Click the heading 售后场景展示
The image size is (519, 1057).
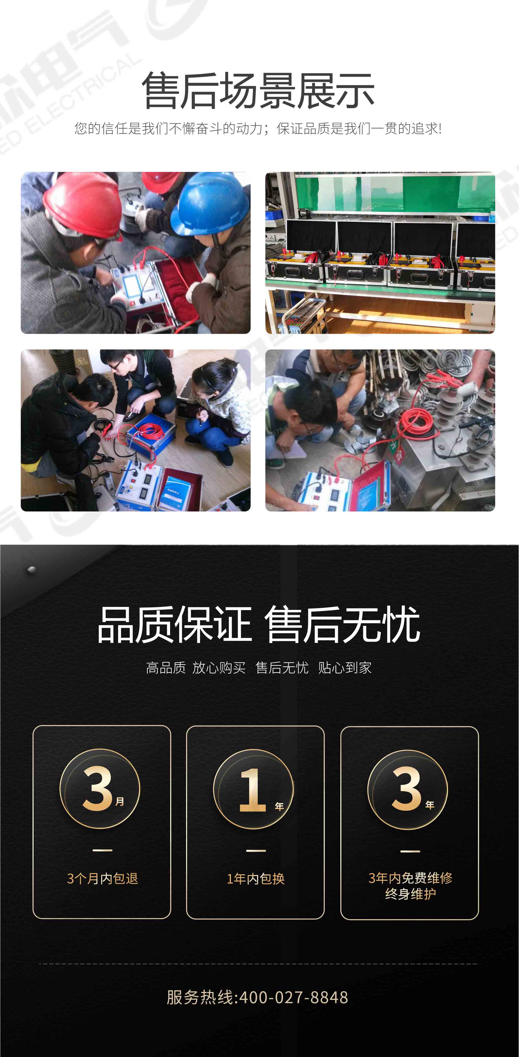[258, 91]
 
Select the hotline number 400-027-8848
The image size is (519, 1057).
[293, 997]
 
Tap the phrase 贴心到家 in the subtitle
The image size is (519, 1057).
[345, 668]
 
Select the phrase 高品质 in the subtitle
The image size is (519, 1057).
[166, 668]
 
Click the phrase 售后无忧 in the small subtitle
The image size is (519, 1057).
[282, 668]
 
